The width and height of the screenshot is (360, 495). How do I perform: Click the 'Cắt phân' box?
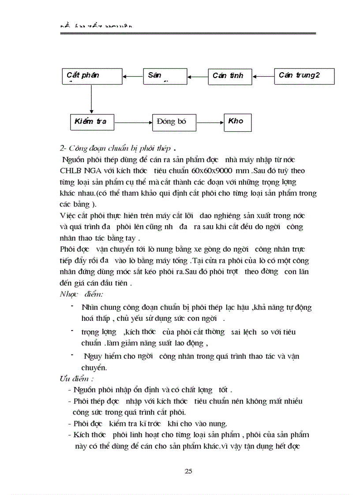[x=91, y=76]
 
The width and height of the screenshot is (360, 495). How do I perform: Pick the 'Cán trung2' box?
[x=304, y=76]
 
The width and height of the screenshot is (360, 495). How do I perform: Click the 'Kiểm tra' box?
[x=92, y=122]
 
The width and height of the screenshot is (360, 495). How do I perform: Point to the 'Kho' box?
[x=237, y=122]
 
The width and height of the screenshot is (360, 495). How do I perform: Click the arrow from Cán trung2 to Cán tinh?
[x=264, y=76]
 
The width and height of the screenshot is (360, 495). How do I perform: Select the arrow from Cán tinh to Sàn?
[x=198, y=76]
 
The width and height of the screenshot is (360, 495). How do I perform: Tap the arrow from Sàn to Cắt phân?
[x=133, y=76]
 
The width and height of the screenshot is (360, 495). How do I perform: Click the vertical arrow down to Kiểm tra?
[x=91, y=99]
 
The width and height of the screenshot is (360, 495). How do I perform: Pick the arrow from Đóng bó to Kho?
[x=210, y=122]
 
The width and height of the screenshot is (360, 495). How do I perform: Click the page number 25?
[x=188, y=471]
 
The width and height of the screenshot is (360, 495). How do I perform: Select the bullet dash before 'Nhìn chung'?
[x=72, y=306]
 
